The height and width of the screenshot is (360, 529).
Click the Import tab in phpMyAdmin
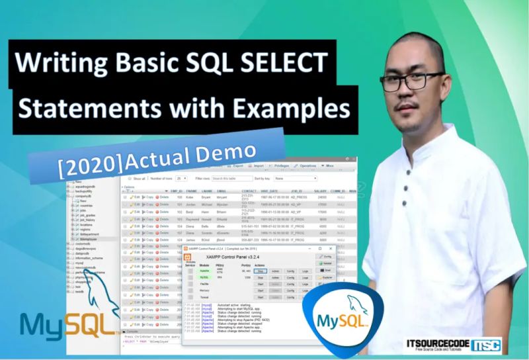point(259,166)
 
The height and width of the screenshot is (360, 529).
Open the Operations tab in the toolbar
point(307,165)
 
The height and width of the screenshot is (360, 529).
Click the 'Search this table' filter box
point(231,178)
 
